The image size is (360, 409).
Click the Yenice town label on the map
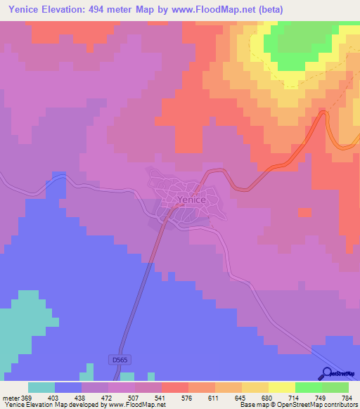[191, 200]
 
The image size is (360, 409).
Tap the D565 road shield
[120, 360]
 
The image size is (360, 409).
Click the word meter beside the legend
[10, 397]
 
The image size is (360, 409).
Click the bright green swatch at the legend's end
[335, 387]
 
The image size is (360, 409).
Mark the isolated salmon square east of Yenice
[304, 212]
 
